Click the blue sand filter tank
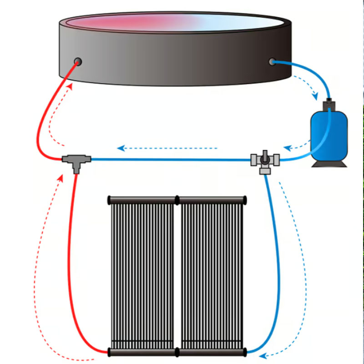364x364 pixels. tap(329, 134)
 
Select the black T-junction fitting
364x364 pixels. tap(76, 160)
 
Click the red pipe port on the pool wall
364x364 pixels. tap(78, 61)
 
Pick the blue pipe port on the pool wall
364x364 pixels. tap(273, 61)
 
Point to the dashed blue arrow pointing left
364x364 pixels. tap(120, 148)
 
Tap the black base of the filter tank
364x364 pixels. tap(329, 162)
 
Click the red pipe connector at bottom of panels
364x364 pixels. tap(109, 351)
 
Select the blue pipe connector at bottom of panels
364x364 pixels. tap(246, 351)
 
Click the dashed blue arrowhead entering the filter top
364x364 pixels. tap(315, 97)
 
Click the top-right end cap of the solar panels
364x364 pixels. tap(245, 200)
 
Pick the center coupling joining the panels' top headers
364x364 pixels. tap(177, 200)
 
